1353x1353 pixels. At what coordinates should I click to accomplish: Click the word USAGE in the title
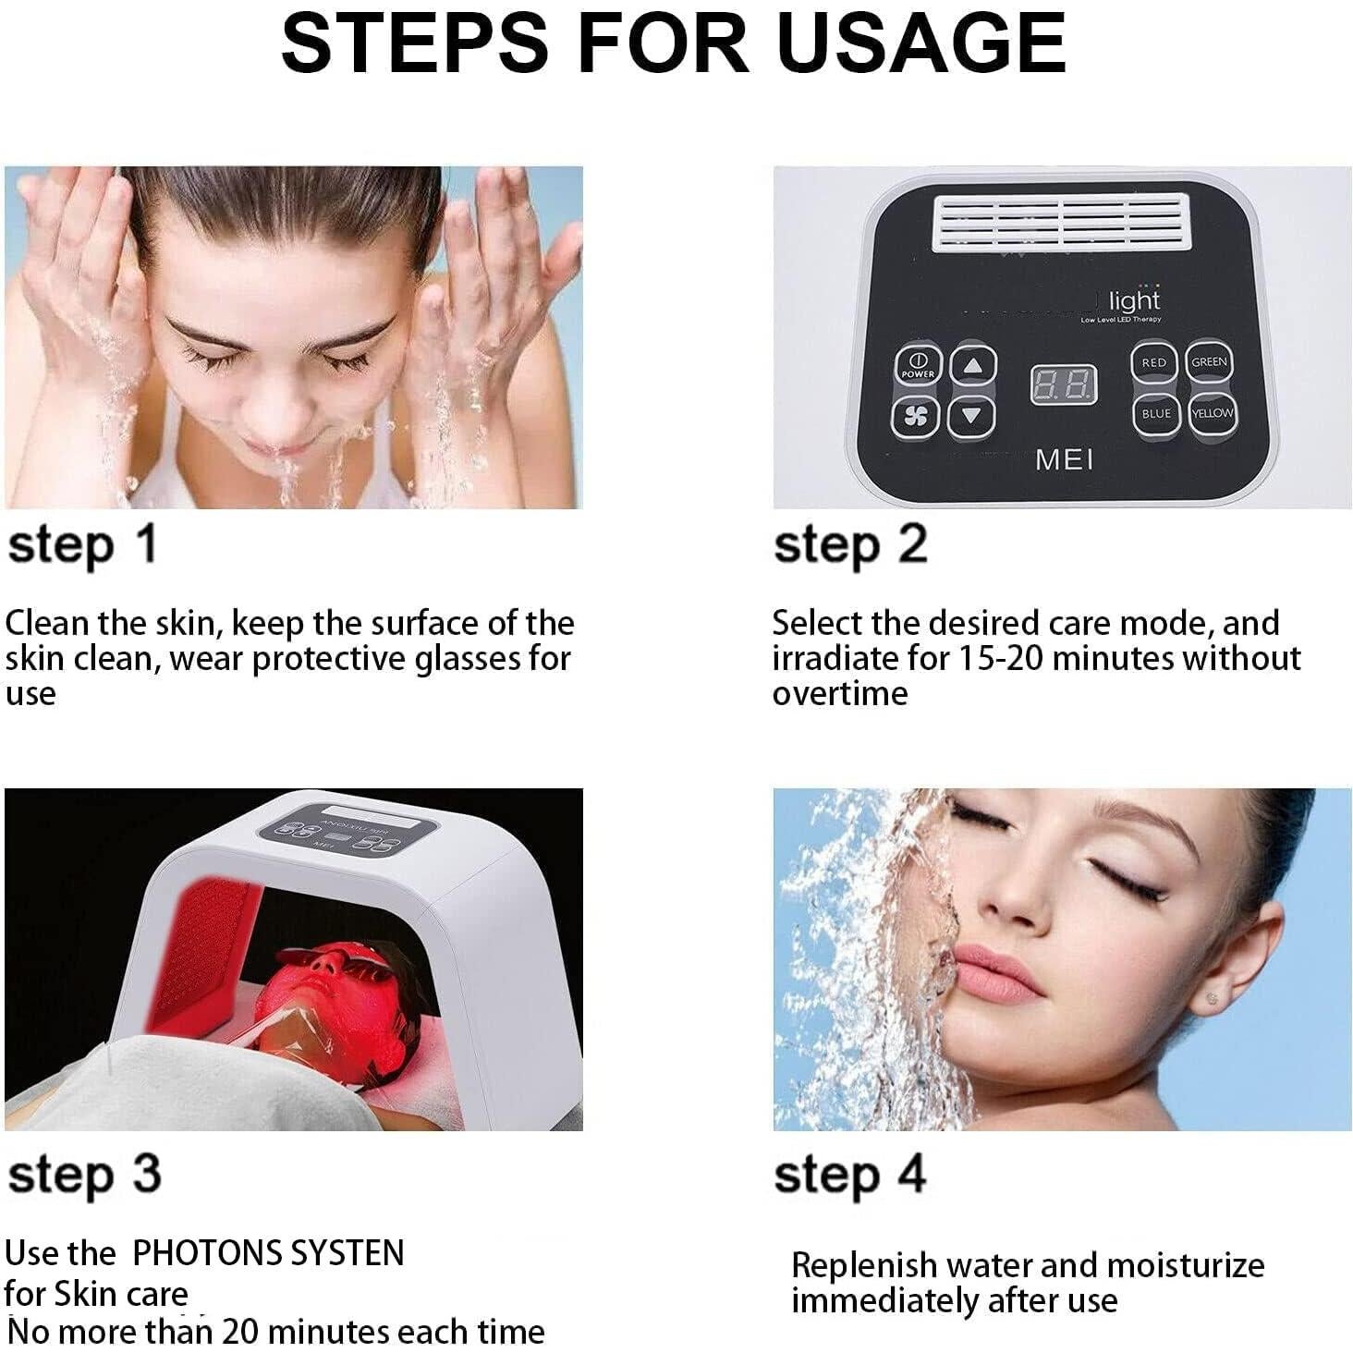coord(922,43)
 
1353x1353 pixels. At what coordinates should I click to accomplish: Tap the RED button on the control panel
coord(1153,362)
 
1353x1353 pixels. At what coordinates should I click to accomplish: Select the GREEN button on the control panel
coord(1209,361)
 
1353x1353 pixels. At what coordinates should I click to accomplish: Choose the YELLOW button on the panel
coord(1211,413)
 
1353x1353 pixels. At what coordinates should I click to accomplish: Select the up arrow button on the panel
coord(973,366)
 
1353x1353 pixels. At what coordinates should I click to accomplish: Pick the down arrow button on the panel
coord(971,416)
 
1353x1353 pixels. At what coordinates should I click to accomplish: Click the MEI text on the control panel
coord(1064,459)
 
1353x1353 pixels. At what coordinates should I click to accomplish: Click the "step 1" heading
coord(83,545)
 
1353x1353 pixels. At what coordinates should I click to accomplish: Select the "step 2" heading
coord(850,545)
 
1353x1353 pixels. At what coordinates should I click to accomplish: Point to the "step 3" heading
coord(85,1176)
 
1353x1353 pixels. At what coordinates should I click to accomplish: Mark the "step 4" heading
coord(850,1176)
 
